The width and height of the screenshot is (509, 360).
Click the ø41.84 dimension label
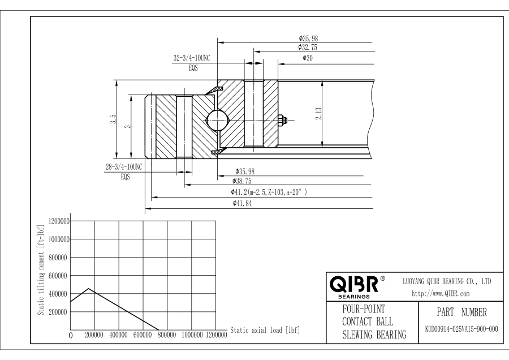[242, 203]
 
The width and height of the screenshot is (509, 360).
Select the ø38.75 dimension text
[242, 181]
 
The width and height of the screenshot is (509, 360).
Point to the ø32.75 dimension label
[308, 48]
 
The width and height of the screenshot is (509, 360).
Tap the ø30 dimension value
[308, 58]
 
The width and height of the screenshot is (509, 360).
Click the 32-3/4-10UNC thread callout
[192, 58]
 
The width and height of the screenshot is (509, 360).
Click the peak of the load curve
[88, 289]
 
